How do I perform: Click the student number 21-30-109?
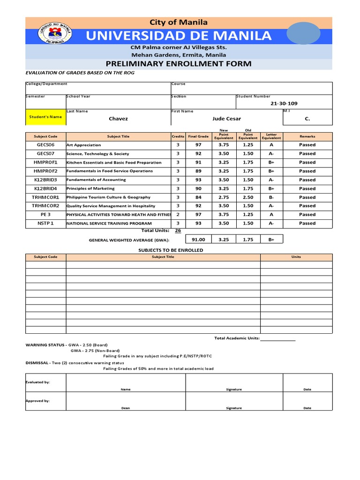click(284, 104)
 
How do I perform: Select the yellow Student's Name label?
click(45, 117)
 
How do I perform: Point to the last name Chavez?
click(118, 119)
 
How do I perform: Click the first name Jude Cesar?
click(226, 119)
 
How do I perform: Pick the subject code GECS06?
click(46, 145)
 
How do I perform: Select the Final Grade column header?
click(198, 136)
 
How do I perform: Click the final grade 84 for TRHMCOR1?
click(198, 197)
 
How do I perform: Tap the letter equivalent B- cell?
click(271, 197)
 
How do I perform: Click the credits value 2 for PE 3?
click(178, 215)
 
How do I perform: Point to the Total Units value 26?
click(178, 231)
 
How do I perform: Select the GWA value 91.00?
click(199, 240)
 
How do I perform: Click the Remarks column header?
click(307, 136)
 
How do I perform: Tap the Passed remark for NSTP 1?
click(307, 224)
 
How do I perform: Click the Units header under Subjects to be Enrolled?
click(296, 257)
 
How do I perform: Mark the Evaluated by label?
click(37, 382)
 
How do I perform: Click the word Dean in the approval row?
click(126, 408)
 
